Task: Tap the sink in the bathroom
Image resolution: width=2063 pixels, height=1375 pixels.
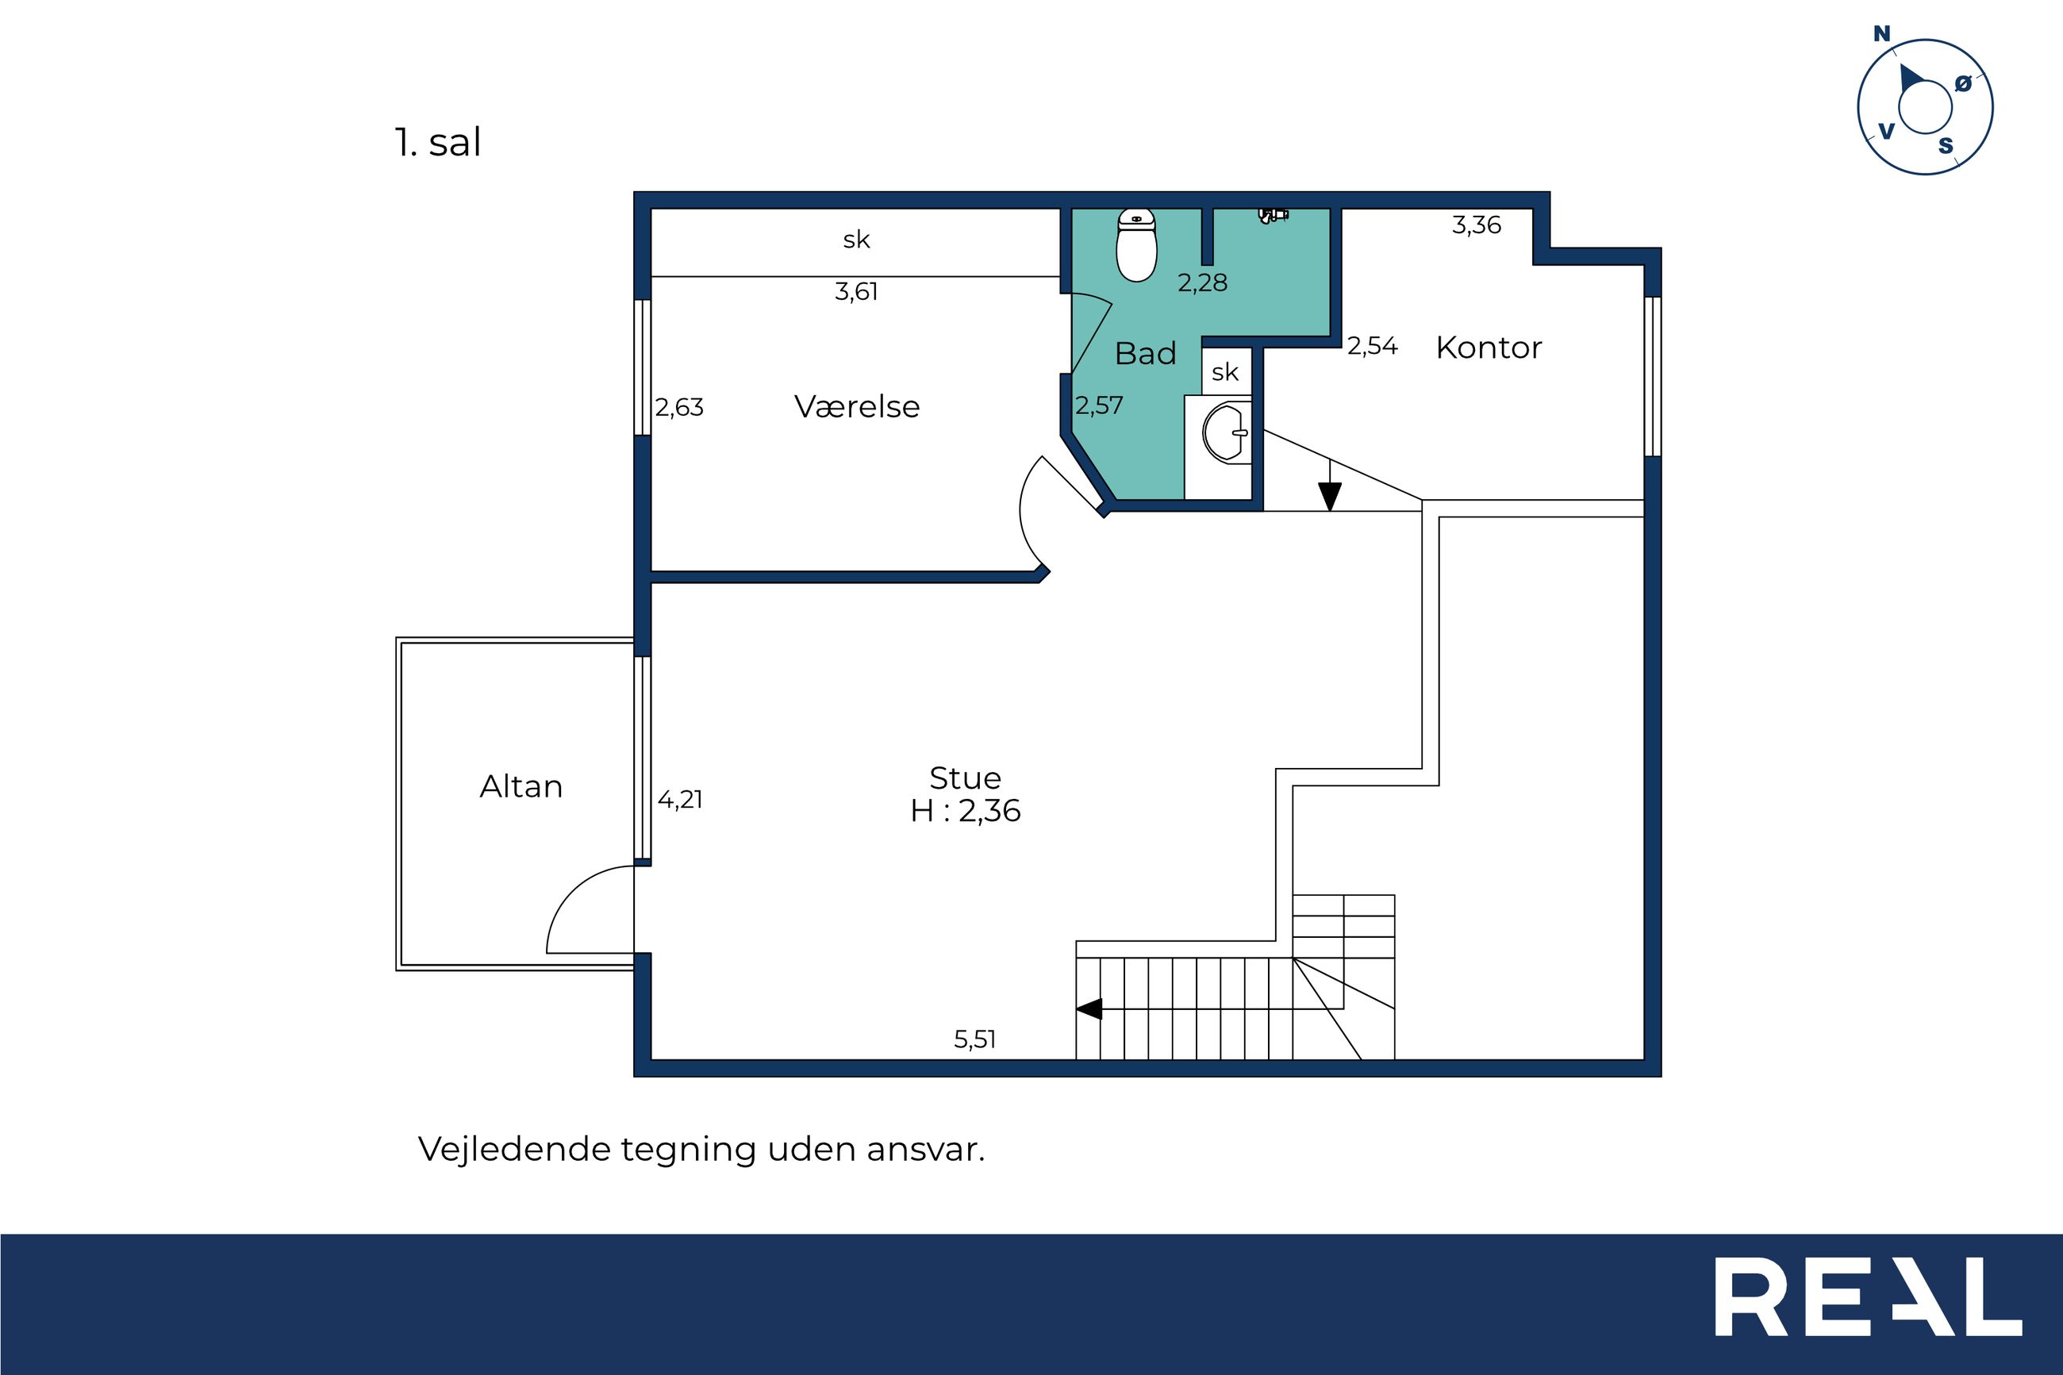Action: [1227, 432]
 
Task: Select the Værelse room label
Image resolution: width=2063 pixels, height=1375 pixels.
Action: [857, 406]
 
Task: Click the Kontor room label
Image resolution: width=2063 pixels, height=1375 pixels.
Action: [1489, 348]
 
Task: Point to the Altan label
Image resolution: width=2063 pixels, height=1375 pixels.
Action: [521, 785]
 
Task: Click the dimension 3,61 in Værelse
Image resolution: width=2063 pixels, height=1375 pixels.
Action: [855, 291]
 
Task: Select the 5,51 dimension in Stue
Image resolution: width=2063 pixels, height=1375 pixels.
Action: [975, 1039]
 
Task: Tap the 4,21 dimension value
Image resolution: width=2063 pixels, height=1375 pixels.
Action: [679, 799]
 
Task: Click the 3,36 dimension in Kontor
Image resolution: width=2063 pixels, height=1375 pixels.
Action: [1477, 225]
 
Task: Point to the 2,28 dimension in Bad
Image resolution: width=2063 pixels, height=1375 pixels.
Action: [1202, 282]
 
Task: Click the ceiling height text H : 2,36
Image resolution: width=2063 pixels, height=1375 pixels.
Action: [966, 810]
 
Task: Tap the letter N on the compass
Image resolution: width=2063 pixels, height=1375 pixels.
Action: [1881, 34]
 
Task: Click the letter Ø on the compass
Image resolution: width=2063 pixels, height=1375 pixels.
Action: [1963, 84]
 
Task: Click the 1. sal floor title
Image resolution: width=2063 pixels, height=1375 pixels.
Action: [437, 142]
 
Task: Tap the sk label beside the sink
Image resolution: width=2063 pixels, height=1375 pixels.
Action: [1225, 372]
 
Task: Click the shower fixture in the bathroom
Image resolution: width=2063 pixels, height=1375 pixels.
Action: [1273, 214]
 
